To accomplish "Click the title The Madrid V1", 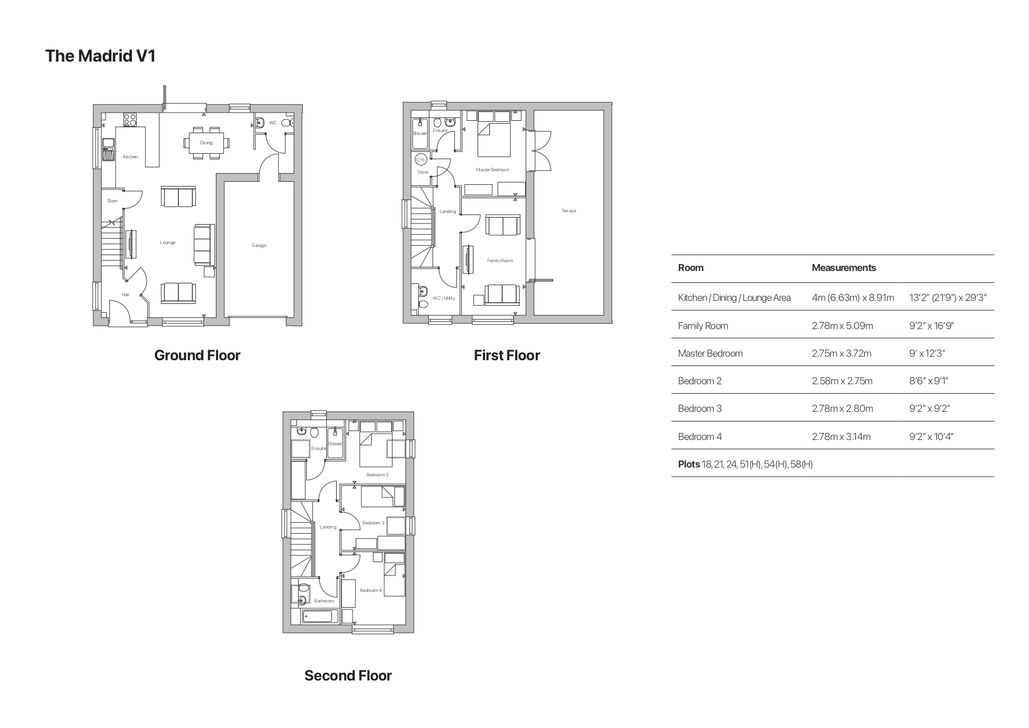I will pyautogui.click(x=100, y=56).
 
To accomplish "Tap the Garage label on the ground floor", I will pyautogui.click(x=259, y=245).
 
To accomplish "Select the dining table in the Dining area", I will pyautogui.click(x=206, y=143).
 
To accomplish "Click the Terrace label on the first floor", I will pyautogui.click(x=568, y=211).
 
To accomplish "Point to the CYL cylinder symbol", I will pyautogui.click(x=421, y=160).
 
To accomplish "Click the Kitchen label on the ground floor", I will pyautogui.click(x=130, y=157).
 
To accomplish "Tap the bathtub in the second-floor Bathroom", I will pyautogui.click(x=320, y=617).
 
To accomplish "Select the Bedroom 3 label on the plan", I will pyautogui.click(x=373, y=523).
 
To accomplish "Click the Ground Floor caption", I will pyautogui.click(x=197, y=355).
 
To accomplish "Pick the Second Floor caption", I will pyautogui.click(x=348, y=675).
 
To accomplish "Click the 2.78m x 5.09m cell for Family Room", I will pyautogui.click(x=842, y=326).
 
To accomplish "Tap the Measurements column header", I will pyautogui.click(x=844, y=268).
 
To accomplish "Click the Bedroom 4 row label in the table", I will pyautogui.click(x=700, y=436).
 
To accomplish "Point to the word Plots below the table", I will pyautogui.click(x=689, y=464).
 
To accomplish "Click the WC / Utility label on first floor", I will pyautogui.click(x=444, y=298).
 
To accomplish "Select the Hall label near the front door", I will pyautogui.click(x=126, y=294).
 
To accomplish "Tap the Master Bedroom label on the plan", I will pyautogui.click(x=492, y=170).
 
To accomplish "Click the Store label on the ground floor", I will pyautogui.click(x=112, y=201).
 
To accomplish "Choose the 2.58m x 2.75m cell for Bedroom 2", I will pyautogui.click(x=842, y=381).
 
